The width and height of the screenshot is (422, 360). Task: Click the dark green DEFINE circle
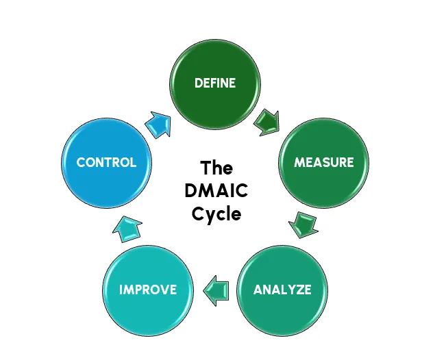(x=215, y=83)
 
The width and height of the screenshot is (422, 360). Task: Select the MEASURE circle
(x=323, y=162)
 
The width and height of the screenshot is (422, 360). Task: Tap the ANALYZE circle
(x=282, y=289)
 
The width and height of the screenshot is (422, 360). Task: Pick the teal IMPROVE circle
(x=147, y=289)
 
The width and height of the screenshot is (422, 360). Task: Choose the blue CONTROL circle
(x=106, y=162)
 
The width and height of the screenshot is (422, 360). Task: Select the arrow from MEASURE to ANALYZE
(x=303, y=224)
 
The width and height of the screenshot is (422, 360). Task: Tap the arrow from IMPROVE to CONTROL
(x=127, y=228)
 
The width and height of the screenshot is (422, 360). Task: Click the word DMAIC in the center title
(x=216, y=190)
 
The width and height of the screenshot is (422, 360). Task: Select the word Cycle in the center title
(x=216, y=213)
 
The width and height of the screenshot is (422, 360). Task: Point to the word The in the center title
(x=216, y=168)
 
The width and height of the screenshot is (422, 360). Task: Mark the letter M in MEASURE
(x=299, y=163)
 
